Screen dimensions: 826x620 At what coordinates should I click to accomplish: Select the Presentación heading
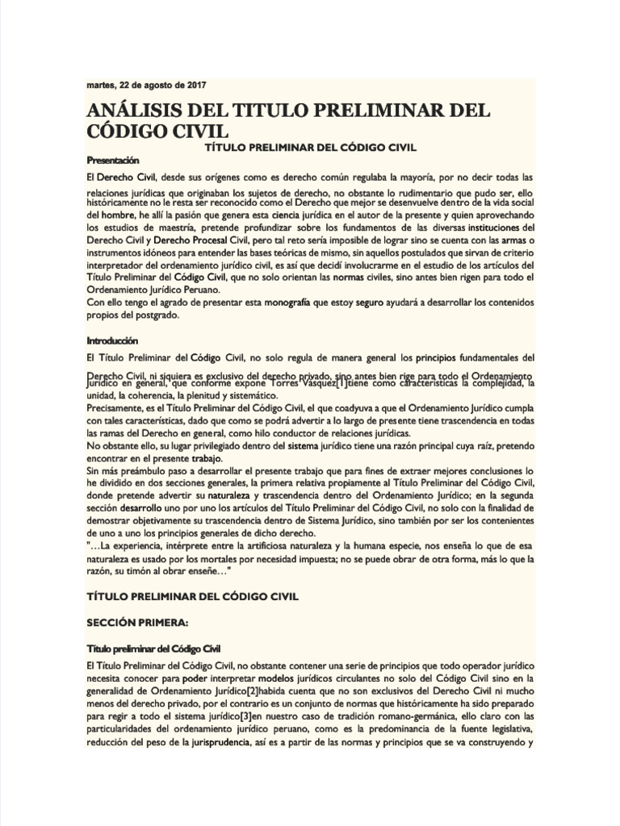[113, 160]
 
